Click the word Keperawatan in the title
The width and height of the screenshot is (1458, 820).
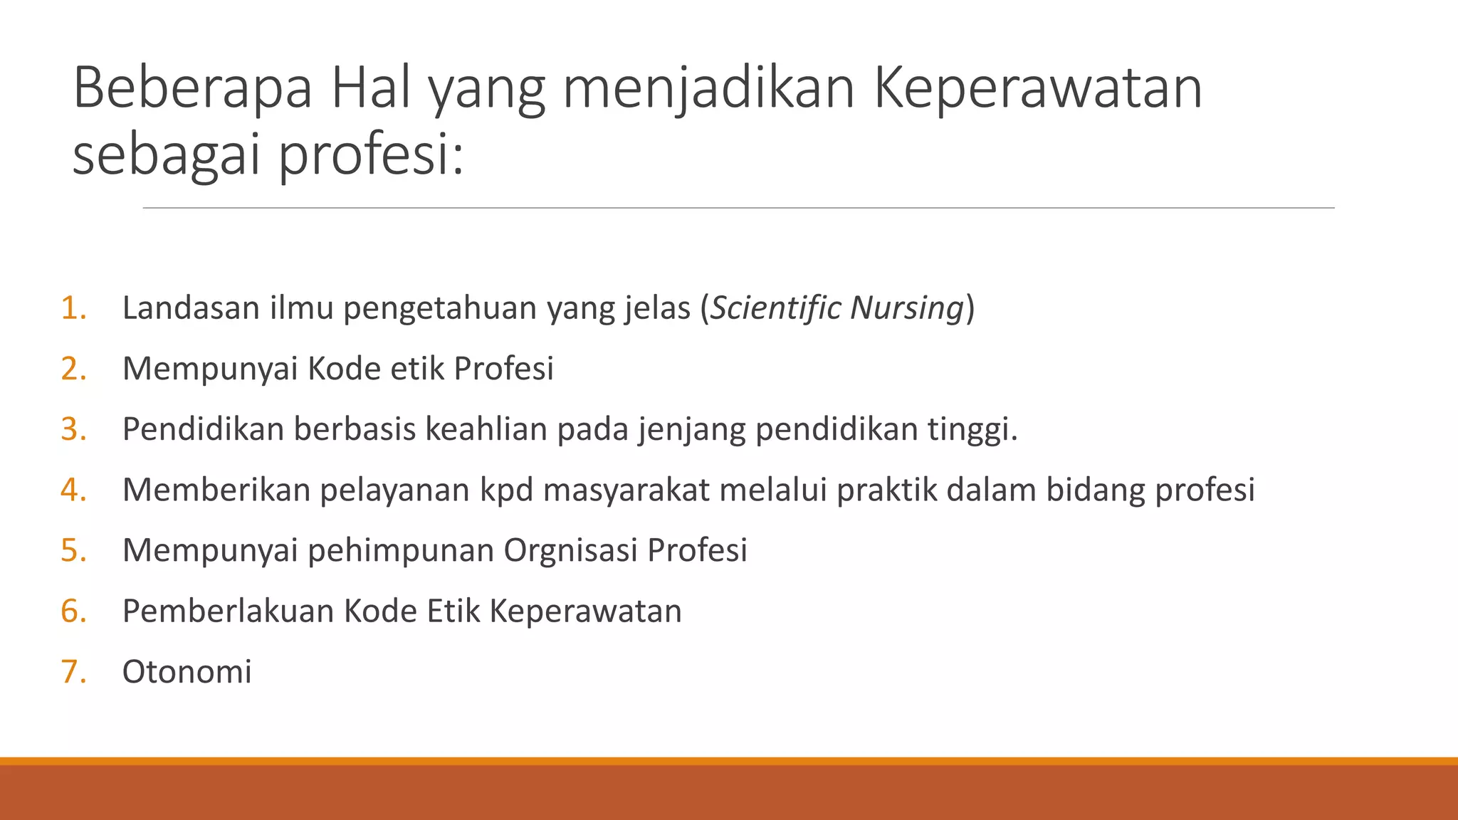pyautogui.click(x=1037, y=88)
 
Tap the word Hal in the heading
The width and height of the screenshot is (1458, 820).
pyautogui.click(x=371, y=88)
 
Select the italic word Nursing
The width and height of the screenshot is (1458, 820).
pyautogui.click(x=906, y=308)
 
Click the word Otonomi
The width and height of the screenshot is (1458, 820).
pyautogui.click(x=187, y=672)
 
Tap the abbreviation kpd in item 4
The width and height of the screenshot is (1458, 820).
pyautogui.click(x=506, y=490)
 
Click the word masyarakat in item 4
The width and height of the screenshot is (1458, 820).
pyautogui.click(x=626, y=490)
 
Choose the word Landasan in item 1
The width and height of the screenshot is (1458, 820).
pyautogui.click(x=191, y=308)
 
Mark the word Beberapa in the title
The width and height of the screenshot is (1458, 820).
pyautogui.click(x=192, y=88)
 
